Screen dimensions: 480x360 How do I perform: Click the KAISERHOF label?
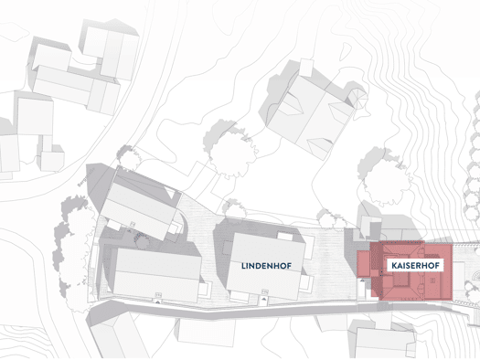click(415, 266)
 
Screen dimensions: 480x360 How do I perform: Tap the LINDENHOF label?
click(266, 266)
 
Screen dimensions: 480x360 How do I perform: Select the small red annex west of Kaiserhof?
click(364, 264)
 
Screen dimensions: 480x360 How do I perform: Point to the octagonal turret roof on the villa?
click(358, 97)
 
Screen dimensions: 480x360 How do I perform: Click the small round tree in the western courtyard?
click(143, 242)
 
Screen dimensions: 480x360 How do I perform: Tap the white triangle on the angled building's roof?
click(170, 192)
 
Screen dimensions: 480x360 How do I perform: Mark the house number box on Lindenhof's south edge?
click(265, 291)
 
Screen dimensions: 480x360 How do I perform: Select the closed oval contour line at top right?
click(346, 53)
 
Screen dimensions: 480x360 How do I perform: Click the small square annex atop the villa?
click(306, 68)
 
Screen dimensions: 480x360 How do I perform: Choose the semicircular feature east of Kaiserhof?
click(475, 276)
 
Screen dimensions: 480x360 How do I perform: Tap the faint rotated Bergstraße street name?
click(82, 176)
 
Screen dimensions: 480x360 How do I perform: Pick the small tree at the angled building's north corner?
click(130, 157)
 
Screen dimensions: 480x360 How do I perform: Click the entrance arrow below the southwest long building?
click(158, 302)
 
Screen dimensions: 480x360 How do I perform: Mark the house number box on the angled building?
click(133, 224)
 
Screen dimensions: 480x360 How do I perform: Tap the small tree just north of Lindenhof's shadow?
click(235, 209)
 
